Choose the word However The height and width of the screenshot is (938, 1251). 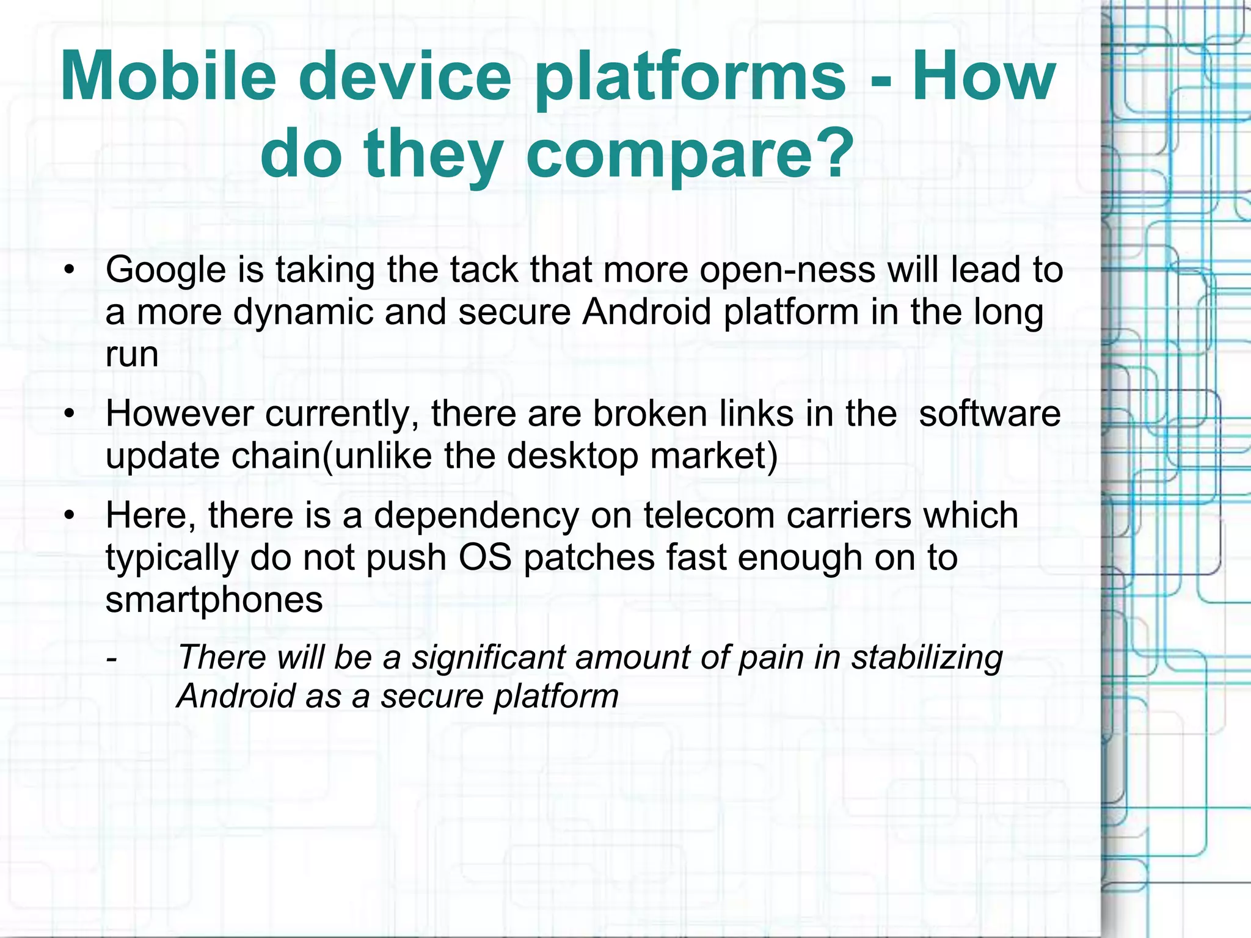point(180,414)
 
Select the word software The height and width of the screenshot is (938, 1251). point(990,414)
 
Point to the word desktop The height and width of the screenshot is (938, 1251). point(572,456)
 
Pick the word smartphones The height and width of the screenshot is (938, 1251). point(214,600)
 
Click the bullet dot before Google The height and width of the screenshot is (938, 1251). point(70,270)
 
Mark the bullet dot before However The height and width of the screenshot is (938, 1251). point(70,414)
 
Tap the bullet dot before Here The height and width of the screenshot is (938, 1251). point(70,515)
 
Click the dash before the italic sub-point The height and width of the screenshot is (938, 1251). point(111,659)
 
